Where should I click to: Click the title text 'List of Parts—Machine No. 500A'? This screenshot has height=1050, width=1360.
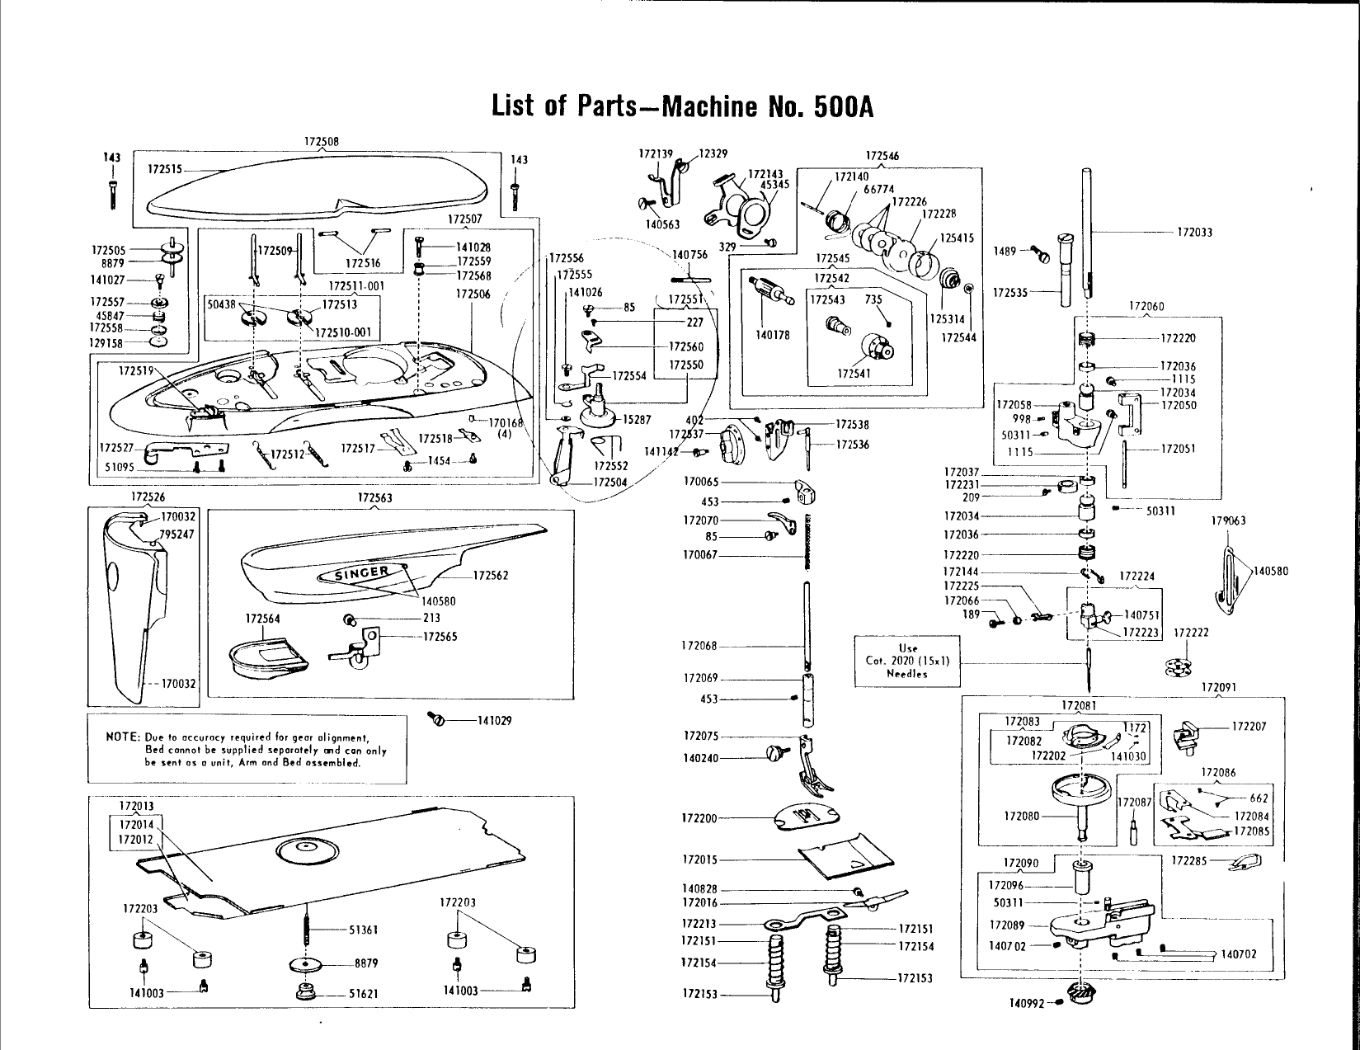pyautogui.click(x=682, y=107)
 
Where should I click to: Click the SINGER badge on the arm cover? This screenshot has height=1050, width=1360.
pyautogui.click(x=360, y=572)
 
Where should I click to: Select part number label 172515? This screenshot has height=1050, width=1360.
pyautogui.click(x=166, y=169)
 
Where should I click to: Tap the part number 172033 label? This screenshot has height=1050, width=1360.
pyautogui.click(x=1194, y=233)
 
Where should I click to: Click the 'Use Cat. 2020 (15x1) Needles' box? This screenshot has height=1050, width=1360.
pyautogui.click(x=907, y=662)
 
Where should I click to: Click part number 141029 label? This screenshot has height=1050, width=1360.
pyautogui.click(x=495, y=721)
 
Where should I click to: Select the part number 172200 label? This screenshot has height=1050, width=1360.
pyautogui.click(x=699, y=818)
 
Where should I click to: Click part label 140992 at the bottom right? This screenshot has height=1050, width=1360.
pyautogui.click(x=1026, y=1004)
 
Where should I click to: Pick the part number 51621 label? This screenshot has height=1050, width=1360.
pyautogui.click(x=363, y=994)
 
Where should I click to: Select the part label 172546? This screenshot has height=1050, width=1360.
pyautogui.click(x=882, y=156)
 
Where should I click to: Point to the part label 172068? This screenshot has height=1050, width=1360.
pyautogui.click(x=699, y=646)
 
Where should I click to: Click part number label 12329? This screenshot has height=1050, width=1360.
pyautogui.click(x=713, y=153)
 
